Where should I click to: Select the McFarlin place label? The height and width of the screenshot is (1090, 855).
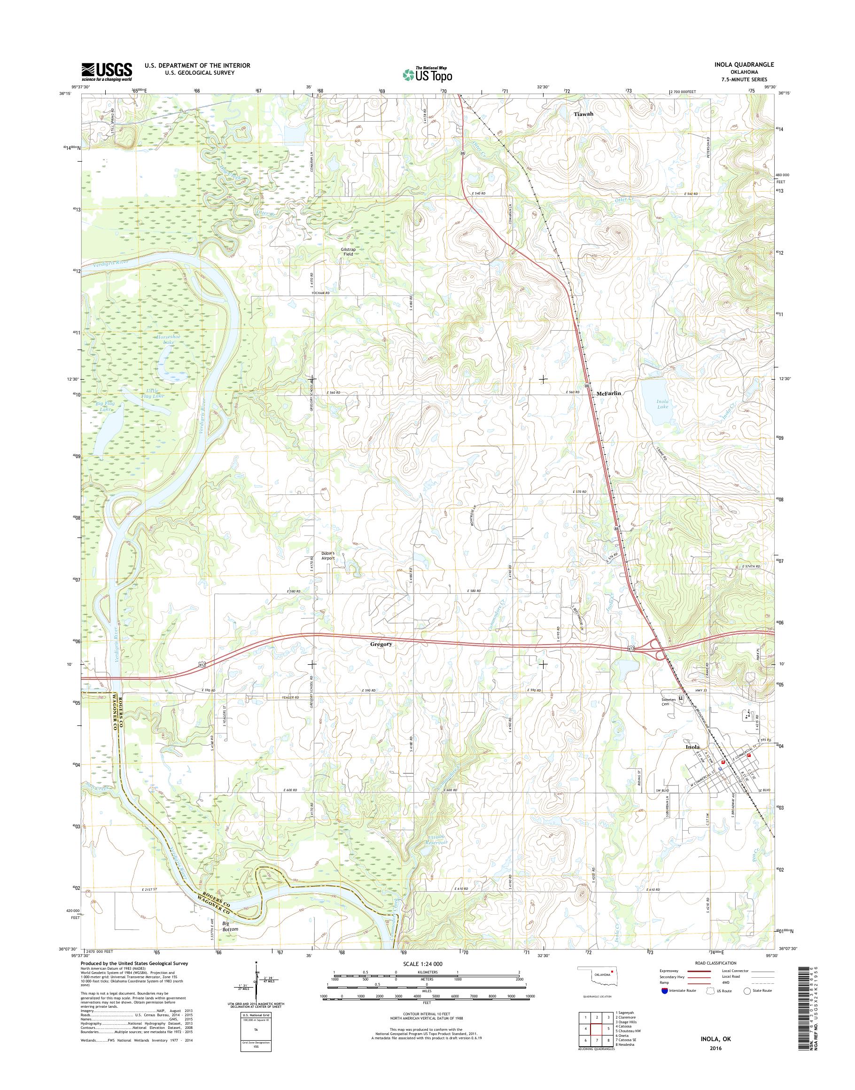click(608, 394)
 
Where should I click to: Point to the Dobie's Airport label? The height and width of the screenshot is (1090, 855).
click(328, 556)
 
